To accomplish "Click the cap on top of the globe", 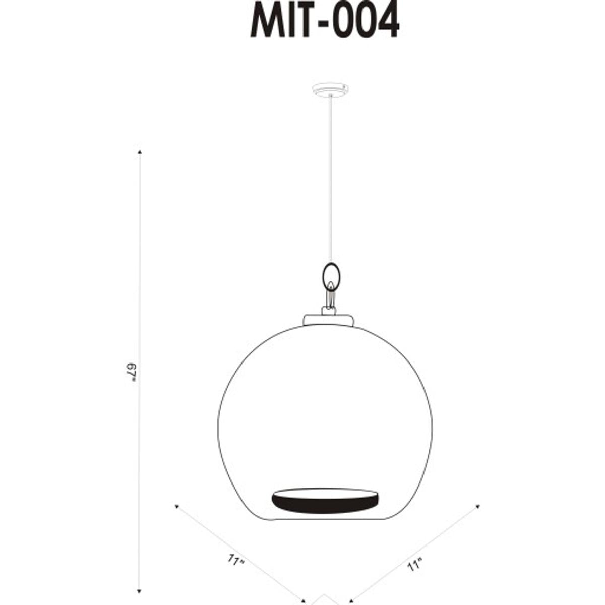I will (328, 320).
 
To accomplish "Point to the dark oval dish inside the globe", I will (325, 500).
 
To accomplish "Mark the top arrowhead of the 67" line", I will (140, 151).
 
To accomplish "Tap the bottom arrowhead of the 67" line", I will (140, 590).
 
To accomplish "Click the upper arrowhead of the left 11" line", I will (176, 505).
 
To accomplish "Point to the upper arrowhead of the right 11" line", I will (477, 506).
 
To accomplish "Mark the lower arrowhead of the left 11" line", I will (304, 601).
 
